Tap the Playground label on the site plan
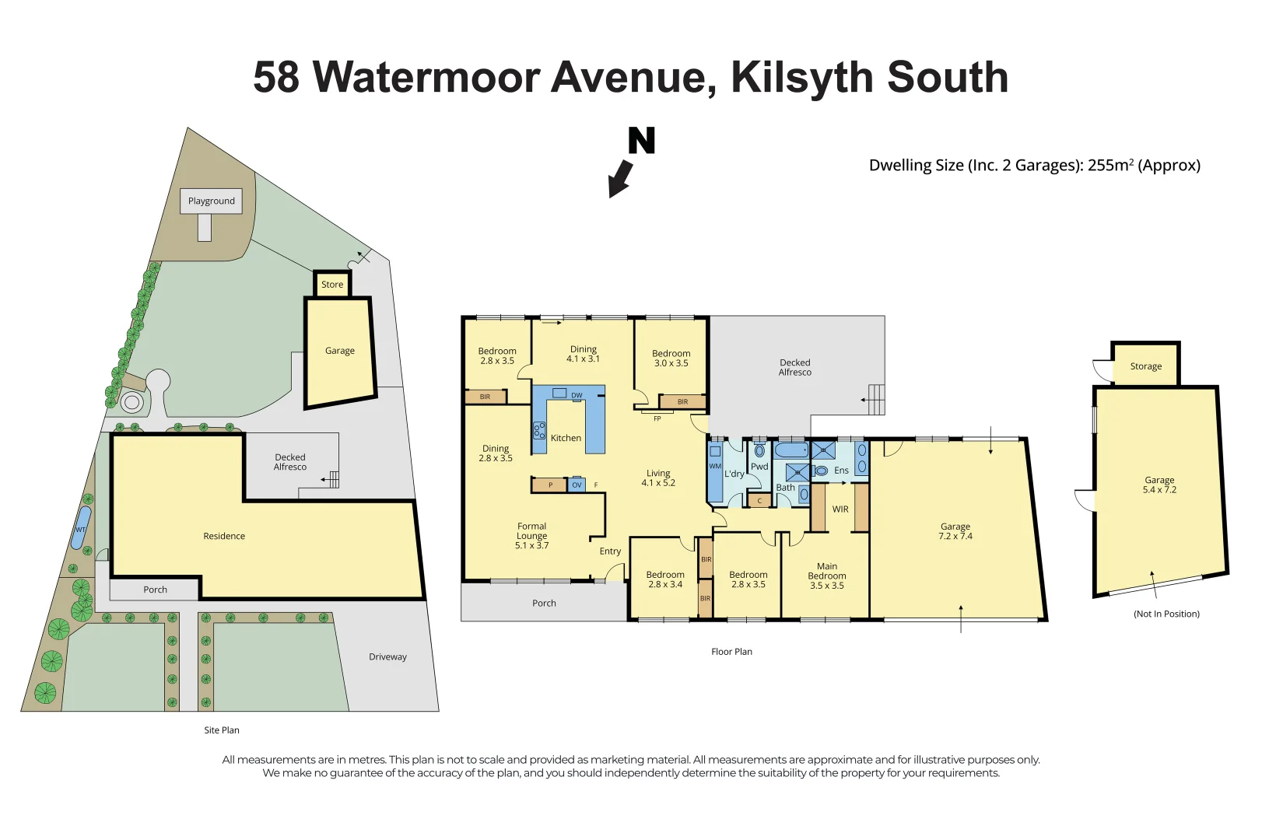click(211, 201)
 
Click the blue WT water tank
click(81, 528)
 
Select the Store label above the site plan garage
click(332, 285)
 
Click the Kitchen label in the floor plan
click(566, 438)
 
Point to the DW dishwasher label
click(577, 395)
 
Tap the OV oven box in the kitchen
click(577, 485)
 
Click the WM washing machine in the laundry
click(714, 467)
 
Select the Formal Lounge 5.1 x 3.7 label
click(531, 536)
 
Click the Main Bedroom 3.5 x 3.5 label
click(826, 576)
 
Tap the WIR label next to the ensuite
click(840, 509)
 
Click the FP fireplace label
click(657, 418)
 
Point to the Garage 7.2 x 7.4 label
click(955, 531)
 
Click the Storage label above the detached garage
click(1145, 366)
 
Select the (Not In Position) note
click(1166, 614)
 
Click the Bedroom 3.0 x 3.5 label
click(671, 358)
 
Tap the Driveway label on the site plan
click(387, 656)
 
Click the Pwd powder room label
click(759, 467)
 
